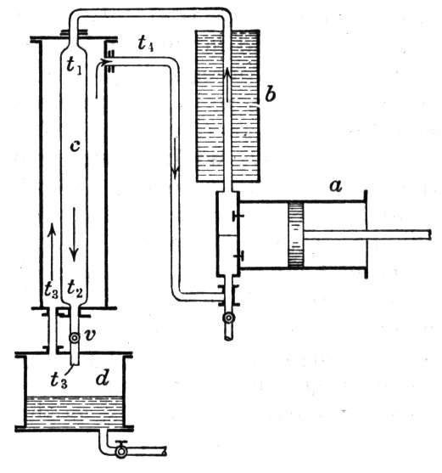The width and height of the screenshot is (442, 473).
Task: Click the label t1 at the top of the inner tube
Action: (x=74, y=65)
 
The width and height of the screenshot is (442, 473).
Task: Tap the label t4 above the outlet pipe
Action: (x=146, y=43)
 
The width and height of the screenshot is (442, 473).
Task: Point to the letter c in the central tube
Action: (x=75, y=146)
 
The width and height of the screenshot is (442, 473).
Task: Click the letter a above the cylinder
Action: (x=336, y=186)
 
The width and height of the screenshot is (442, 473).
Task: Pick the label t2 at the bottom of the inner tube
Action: (x=75, y=289)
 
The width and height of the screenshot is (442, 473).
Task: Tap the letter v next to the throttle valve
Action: (x=89, y=335)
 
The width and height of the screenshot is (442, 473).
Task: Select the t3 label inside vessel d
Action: (x=59, y=379)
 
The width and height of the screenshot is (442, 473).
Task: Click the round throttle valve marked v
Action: (x=74, y=338)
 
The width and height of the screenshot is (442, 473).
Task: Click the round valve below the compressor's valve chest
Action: (x=229, y=318)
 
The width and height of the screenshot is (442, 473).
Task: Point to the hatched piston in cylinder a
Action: (x=295, y=234)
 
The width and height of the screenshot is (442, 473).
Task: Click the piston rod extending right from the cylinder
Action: (x=367, y=234)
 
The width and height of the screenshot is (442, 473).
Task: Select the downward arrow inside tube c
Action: (x=74, y=234)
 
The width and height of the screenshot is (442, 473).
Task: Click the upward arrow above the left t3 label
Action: (x=52, y=251)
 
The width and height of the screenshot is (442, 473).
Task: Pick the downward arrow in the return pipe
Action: (x=175, y=158)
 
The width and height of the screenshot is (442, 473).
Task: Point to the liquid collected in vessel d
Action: (x=75, y=412)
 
